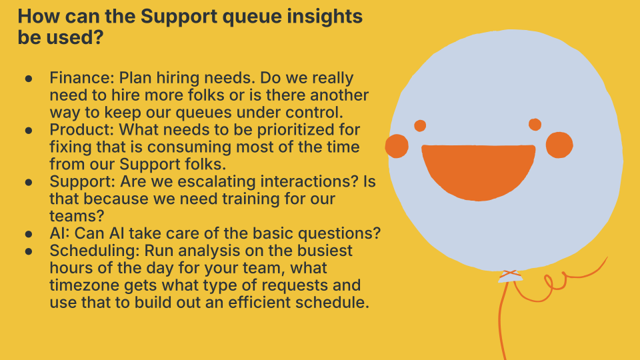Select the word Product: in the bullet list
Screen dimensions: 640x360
pyautogui.click(x=81, y=129)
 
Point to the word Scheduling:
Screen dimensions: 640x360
pyautogui.click(x=95, y=250)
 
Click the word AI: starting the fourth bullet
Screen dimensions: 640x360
pyautogui.click(x=59, y=233)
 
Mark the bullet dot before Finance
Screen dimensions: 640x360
pyautogui.click(x=29, y=78)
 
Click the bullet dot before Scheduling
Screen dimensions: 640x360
pyautogui.click(x=29, y=251)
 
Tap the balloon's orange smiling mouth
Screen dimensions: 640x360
pyautogui.click(x=479, y=171)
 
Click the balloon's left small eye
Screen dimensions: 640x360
pyautogui.click(x=420, y=126)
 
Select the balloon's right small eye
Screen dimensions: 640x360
pyautogui.click(x=535, y=124)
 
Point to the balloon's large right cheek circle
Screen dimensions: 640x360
pyautogui.click(x=559, y=145)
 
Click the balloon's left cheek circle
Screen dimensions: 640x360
pyautogui.click(x=397, y=146)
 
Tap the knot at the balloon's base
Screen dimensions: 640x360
pyautogui.click(x=510, y=276)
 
